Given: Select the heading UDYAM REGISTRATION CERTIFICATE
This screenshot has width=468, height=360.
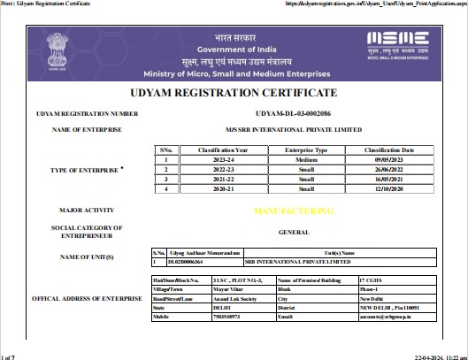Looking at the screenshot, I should click(x=234, y=93).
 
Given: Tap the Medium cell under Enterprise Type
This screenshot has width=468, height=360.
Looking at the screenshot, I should click(x=306, y=160).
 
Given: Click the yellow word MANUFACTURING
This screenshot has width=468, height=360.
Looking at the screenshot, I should click(x=294, y=211).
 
